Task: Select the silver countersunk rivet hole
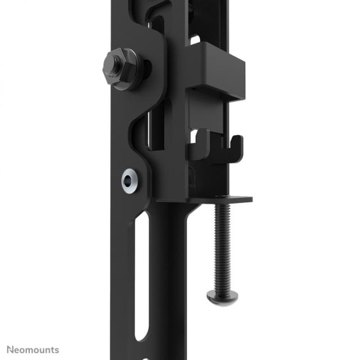click(130, 180)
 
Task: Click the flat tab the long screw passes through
click(225, 199)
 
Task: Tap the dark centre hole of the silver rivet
click(130, 180)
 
